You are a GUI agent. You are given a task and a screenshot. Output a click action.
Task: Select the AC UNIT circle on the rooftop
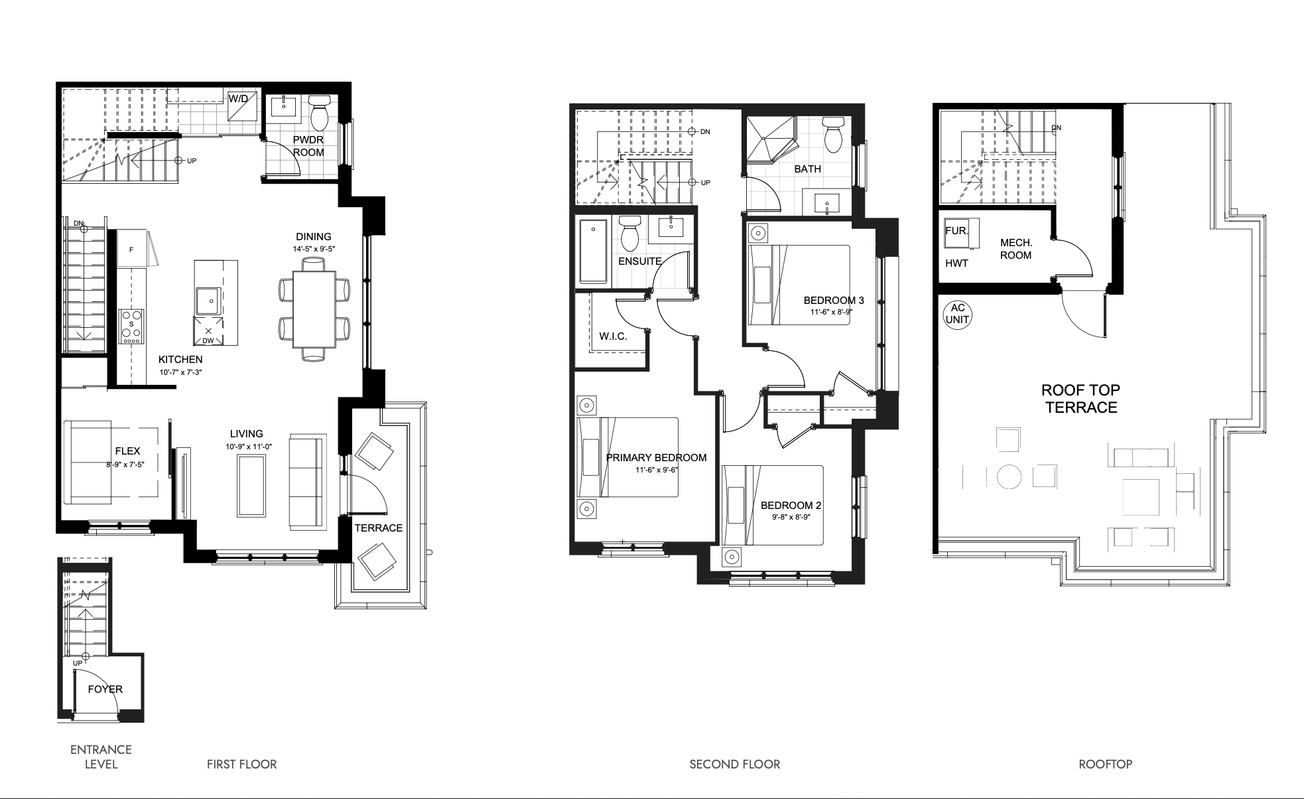pyautogui.click(x=957, y=313)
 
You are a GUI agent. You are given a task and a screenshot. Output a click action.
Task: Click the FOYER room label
pyautogui.click(x=105, y=689)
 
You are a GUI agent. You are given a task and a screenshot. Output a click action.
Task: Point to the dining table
pyautogui.click(x=314, y=309)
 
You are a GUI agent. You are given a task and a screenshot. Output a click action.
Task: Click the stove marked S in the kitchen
pyautogui.click(x=132, y=327)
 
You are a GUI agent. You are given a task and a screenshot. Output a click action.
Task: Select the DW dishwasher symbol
pyautogui.click(x=208, y=331)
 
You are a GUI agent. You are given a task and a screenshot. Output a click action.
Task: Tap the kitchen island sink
pyautogui.click(x=210, y=301)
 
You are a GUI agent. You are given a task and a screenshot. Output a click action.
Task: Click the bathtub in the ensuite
pyautogui.click(x=594, y=253)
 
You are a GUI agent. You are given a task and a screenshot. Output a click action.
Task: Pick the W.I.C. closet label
pyautogui.click(x=613, y=336)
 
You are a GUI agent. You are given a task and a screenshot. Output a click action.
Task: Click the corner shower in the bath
pyautogui.click(x=769, y=140)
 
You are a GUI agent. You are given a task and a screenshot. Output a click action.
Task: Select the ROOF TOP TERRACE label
pyautogui.click(x=1081, y=399)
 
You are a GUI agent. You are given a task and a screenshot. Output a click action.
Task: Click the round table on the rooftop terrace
pyautogui.click(x=1010, y=476)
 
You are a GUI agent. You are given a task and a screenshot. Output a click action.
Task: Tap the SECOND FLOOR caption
pyautogui.click(x=735, y=764)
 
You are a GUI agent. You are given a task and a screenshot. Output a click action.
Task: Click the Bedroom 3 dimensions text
pyautogui.click(x=831, y=311)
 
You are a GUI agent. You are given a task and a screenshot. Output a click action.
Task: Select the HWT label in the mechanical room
pyautogui.click(x=956, y=263)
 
